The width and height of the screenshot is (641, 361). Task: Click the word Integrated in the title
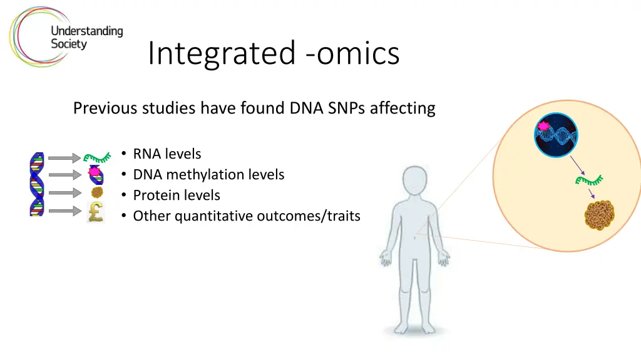(222, 54)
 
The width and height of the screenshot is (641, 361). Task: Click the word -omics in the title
(352, 54)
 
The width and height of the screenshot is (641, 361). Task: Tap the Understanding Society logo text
(86, 37)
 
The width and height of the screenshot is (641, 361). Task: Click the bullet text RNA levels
(167, 154)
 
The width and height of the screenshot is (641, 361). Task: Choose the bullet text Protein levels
(177, 196)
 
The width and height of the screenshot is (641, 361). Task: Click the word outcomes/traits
(309, 216)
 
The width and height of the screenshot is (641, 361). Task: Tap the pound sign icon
(96, 212)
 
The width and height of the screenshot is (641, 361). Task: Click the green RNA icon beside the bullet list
(97, 157)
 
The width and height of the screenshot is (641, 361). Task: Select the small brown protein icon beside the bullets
(97, 192)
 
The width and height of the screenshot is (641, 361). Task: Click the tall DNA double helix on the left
(37, 184)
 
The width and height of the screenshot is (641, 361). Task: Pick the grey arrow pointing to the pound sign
(65, 211)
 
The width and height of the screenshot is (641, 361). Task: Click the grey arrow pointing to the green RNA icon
(64, 157)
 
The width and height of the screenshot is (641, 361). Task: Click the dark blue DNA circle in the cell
(556, 135)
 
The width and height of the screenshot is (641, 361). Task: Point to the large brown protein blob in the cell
(600, 215)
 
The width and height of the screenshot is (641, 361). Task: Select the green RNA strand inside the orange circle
(589, 180)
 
